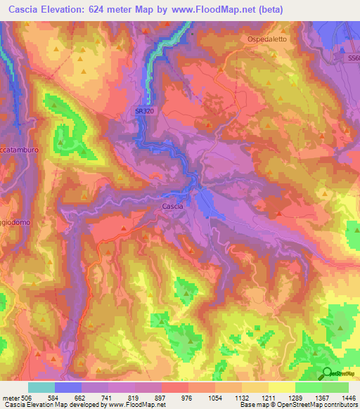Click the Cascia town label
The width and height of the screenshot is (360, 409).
coord(172,206)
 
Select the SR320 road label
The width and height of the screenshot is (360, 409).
coord(146,110)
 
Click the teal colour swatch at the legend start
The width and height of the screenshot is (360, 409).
coord(41,387)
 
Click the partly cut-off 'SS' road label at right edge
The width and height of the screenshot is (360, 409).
coord(354,60)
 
